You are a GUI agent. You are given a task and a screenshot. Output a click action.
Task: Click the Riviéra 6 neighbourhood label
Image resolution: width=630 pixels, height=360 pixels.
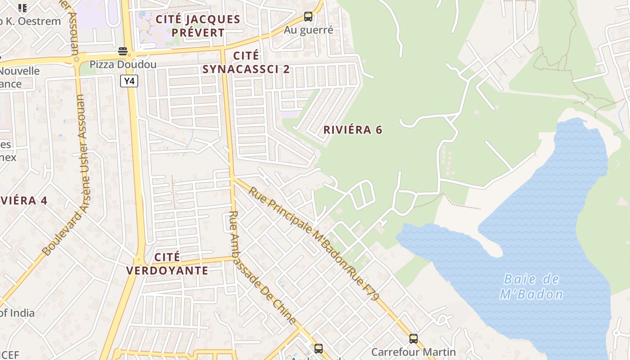point(353,130)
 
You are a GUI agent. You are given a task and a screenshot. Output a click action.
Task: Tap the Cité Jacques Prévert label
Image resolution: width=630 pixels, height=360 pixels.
point(198,26)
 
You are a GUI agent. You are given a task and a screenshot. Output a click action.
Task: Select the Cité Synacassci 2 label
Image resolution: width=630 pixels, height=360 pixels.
point(246,62)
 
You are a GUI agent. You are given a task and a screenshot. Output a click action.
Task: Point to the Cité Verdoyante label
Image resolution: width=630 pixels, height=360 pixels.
point(167,264)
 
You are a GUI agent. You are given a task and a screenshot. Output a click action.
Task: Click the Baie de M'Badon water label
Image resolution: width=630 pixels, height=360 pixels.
point(531,287)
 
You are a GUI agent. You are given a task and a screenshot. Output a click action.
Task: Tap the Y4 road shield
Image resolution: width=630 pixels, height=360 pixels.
point(129,81)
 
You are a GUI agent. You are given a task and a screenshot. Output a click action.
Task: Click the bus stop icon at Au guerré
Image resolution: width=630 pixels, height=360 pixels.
point(308,17)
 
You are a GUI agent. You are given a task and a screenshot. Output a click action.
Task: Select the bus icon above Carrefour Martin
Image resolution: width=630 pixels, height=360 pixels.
point(413,339)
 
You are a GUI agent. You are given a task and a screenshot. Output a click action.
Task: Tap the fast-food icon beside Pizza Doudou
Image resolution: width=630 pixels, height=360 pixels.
point(123,51)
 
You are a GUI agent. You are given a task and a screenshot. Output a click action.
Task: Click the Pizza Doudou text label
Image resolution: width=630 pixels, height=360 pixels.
point(123,64)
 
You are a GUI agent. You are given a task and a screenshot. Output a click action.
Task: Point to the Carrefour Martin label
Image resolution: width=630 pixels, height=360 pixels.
point(413,352)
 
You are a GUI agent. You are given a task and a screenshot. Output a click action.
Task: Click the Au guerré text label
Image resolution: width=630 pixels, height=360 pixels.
point(308,30)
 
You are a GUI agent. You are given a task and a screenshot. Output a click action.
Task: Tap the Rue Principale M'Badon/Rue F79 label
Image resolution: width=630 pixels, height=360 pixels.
point(314,243)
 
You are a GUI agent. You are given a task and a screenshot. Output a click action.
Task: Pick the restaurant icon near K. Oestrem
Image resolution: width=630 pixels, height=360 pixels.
point(22,8)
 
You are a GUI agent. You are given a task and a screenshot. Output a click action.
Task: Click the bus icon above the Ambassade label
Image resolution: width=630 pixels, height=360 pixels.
point(318,348)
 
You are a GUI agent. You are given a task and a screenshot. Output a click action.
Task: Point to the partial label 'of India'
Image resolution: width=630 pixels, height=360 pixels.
point(17,313)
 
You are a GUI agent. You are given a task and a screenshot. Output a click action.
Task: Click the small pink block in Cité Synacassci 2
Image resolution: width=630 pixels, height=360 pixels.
point(290,114)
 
